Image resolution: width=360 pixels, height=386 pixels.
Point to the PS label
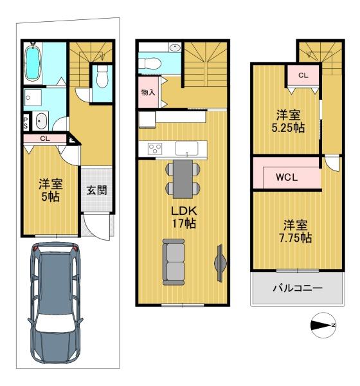click(x=26, y=123)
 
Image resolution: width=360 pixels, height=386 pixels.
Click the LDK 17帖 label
click(x=183, y=217)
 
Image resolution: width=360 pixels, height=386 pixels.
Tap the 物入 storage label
click(x=148, y=93)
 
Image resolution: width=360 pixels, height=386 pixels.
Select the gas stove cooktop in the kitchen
click(x=155, y=149)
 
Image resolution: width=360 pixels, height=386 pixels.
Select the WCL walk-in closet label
click(x=286, y=178)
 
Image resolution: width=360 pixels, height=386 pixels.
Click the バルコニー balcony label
click(x=296, y=288)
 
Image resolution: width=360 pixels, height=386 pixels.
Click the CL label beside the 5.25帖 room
click(x=303, y=75)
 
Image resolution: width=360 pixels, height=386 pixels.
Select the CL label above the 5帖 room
click(x=44, y=138)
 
